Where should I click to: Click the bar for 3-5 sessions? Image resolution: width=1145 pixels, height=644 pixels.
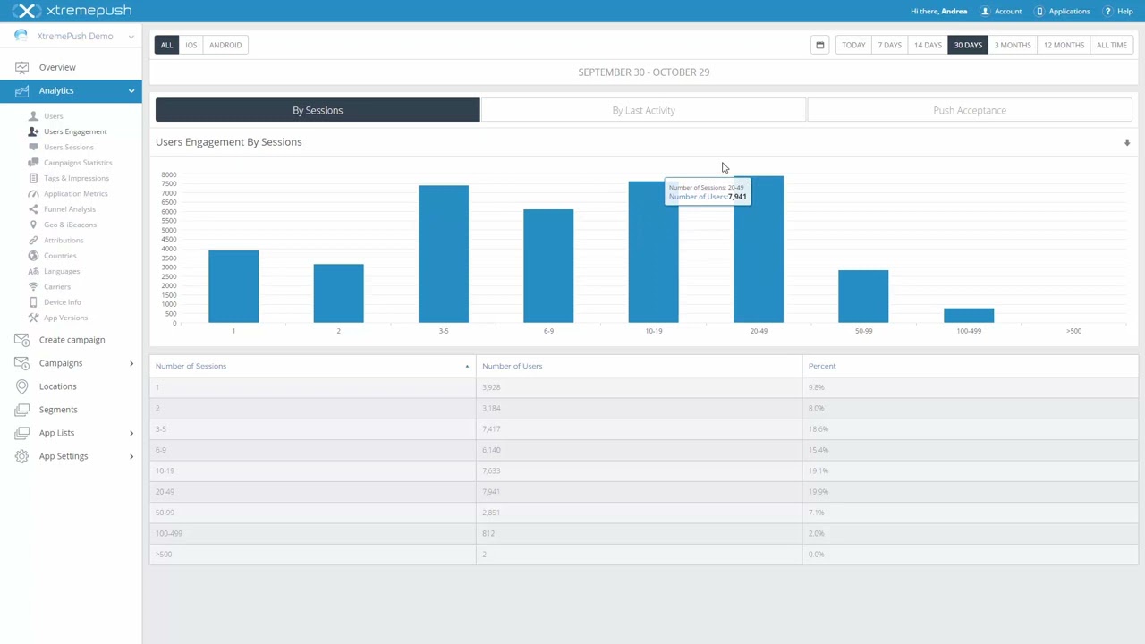click(x=443, y=254)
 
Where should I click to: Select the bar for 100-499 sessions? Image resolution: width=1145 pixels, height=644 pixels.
click(x=968, y=315)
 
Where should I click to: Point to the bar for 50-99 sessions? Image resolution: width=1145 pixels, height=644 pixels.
click(x=862, y=296)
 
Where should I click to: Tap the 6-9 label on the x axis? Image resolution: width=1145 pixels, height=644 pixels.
click(x=548, y=331)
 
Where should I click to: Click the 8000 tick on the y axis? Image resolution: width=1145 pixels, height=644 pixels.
click(x=168, y=174)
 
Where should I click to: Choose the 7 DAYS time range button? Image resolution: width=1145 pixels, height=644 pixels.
click(x=889, y=45)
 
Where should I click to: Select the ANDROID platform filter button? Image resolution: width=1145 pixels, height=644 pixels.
click(x=225, y=45)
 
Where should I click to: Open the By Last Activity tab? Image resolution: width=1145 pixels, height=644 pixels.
click(x=643, y=110)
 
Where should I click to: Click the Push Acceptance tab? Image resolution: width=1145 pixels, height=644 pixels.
click(x=969, y=110)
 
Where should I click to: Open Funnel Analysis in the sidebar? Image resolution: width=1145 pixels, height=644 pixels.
click(x=69, y=209)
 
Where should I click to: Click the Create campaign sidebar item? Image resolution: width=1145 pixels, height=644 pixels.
click(x=72, y=340)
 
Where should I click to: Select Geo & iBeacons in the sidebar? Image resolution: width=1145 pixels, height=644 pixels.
click(x=70, y=225)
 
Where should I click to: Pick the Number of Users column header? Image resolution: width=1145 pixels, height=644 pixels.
click(x=512, y=366)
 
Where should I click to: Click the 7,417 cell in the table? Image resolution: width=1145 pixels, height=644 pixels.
click(x=491, y=429)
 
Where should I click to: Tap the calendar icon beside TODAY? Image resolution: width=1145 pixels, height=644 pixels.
click(x=819, y=45)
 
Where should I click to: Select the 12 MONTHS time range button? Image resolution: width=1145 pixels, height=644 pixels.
click(x=1063, y=45)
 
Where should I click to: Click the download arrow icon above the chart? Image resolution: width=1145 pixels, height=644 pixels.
click(x=1126, y=143)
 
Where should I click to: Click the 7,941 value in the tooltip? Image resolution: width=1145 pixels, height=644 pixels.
click(x=737, y=197)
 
